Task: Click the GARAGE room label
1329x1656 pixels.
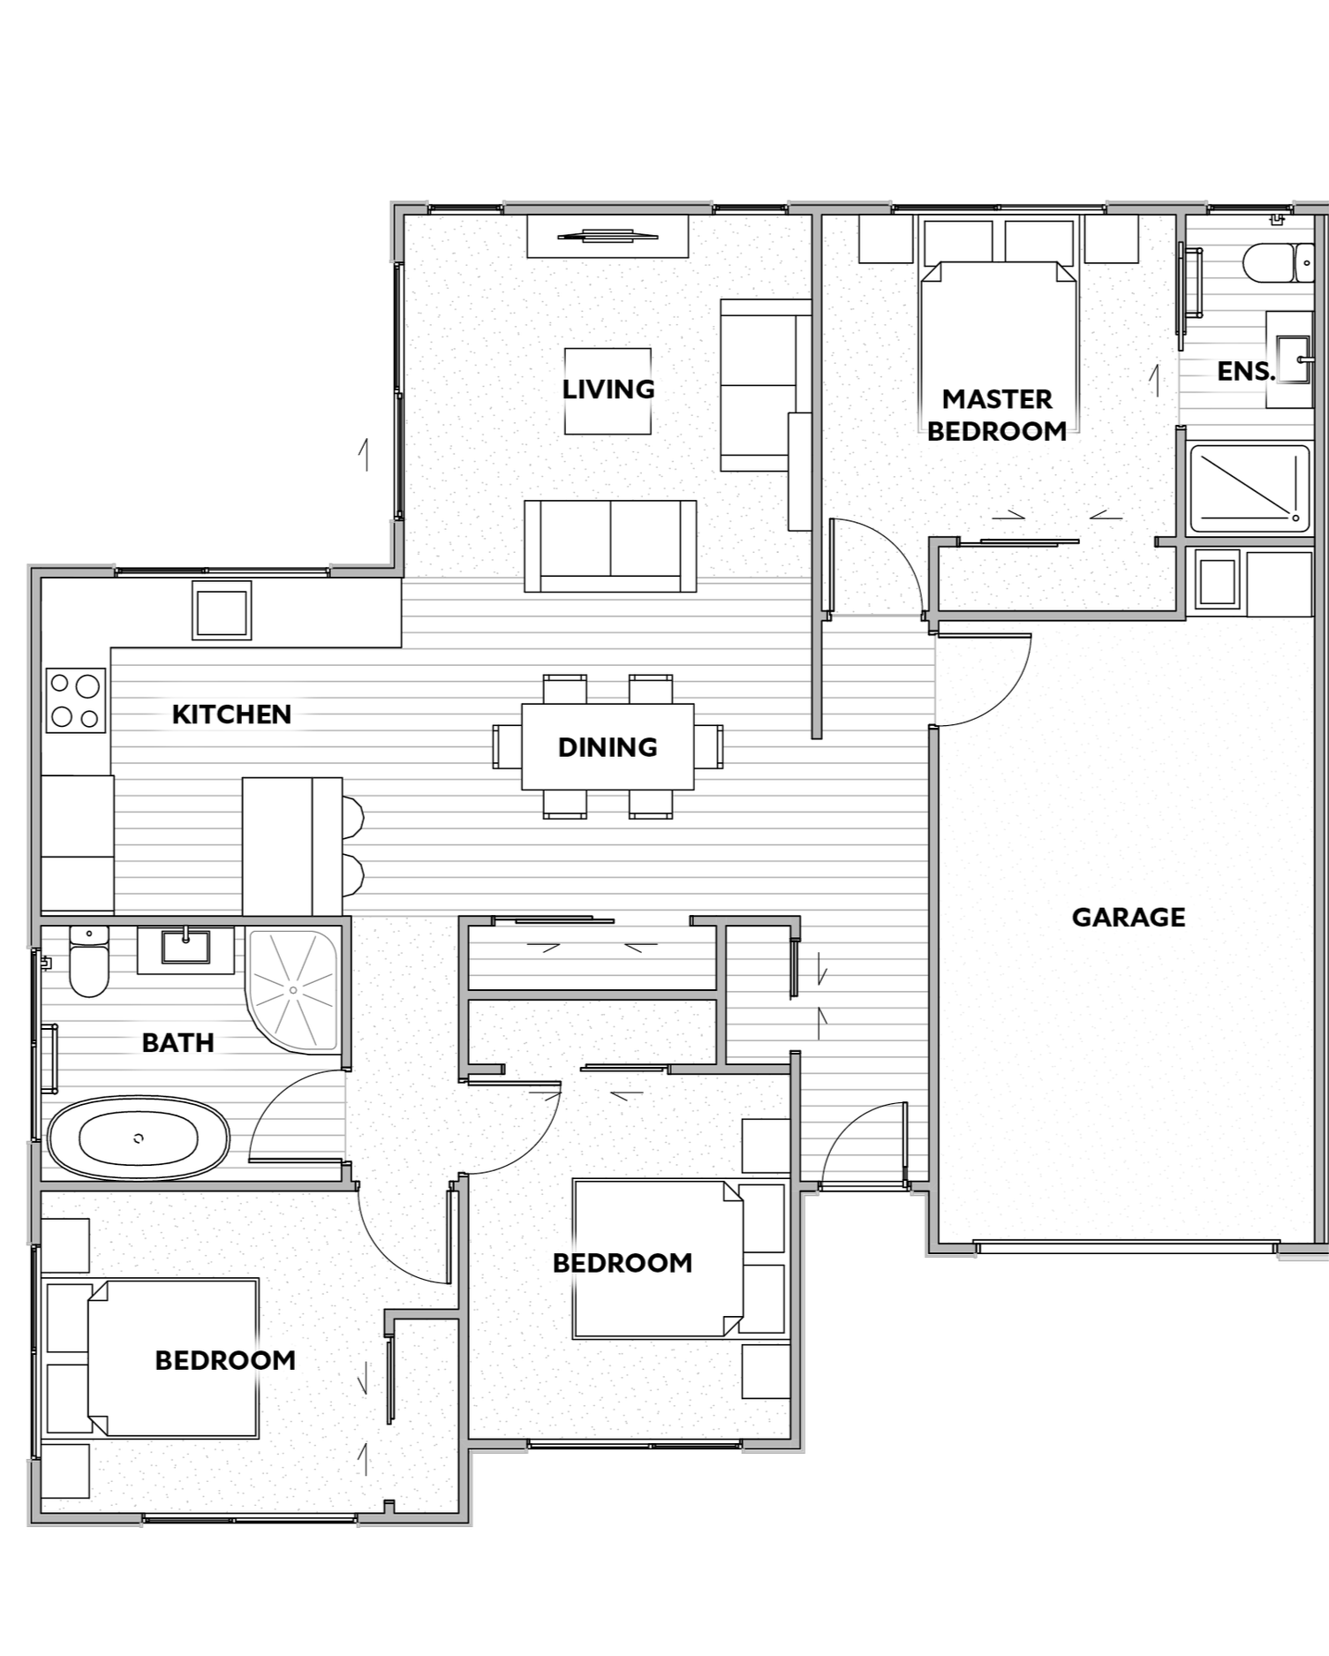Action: point(1128,918)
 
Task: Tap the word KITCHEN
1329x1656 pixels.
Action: point(231,715)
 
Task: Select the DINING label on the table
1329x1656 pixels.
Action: point(608,747)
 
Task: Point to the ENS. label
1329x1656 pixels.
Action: point(1246,372)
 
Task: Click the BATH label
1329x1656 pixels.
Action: point(178,1043)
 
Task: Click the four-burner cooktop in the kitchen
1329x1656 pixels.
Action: point(76,700)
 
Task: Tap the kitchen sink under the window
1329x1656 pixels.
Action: point(222,610)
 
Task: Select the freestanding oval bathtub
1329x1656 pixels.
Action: point(139,1138)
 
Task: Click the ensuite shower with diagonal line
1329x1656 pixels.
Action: point(1250,489)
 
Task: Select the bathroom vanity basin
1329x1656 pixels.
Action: point(185,948)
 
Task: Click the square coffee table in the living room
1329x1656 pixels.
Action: point(608,391)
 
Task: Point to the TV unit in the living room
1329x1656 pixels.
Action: point(608,237)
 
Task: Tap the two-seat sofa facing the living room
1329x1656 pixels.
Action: point(610,546)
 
